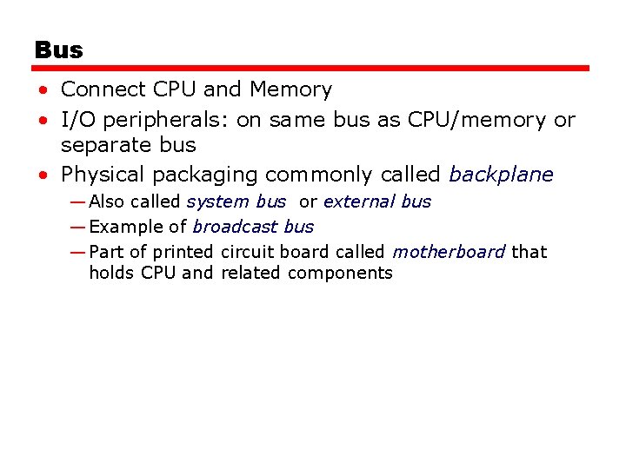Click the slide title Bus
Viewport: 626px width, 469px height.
pyautogui.click(x=59, y=50)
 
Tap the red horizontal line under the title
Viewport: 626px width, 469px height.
pyautogui.click(x=312, y=68)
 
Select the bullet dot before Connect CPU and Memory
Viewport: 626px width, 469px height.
pyautogui.click(x=42, y=90)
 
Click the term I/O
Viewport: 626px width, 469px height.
pyautogui.click(x=77, y=120)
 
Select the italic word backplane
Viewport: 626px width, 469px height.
pyautogui.click(x=501, y=175)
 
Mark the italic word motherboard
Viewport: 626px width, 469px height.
pyautogui.click(x=449, y=252)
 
